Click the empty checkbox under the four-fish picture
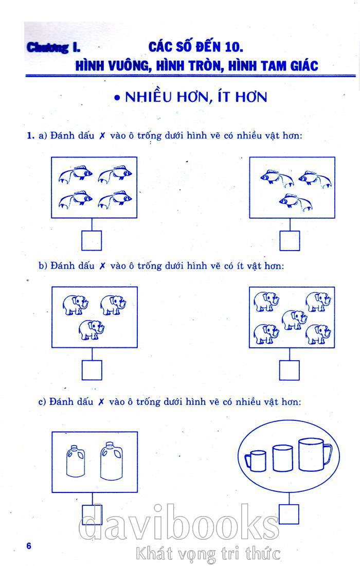pos(91,240)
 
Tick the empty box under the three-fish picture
pos(290,240)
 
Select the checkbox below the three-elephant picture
pos(92,370)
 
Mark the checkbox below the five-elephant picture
pos(290,370)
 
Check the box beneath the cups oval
pos(289,514)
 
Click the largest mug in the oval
pos(314,454)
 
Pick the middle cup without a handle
pos(282,458)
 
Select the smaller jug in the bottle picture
pos(76,461)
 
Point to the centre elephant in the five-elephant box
pos(294,320)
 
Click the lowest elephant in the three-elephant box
pos(92,329)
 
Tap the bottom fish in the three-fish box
pos(296,202)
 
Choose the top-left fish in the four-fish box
pos(76,174)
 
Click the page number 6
pos(29,545)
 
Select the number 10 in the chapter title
pos(233,47)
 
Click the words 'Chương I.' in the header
pos(53,47)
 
